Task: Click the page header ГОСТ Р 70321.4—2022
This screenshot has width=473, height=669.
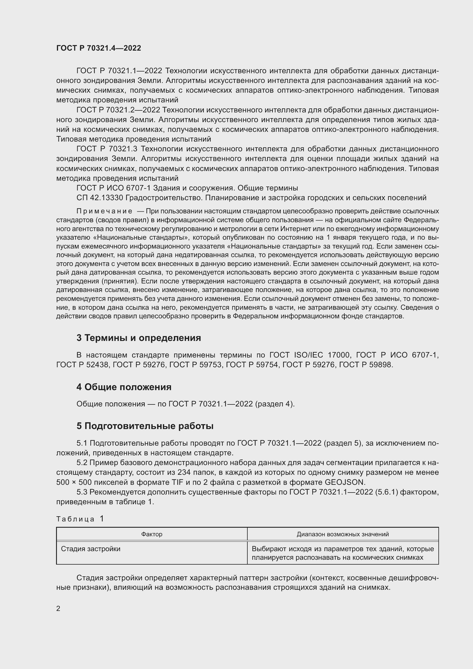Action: pos(98,48)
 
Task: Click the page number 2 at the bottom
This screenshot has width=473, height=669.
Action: pos(58,608)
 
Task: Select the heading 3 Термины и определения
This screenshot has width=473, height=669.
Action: pos(139,338)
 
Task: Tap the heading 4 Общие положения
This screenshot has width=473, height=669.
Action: pos(124,387)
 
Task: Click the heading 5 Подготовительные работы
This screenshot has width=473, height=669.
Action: pos(145,426)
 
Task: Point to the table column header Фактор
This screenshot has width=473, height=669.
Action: pos(152,534)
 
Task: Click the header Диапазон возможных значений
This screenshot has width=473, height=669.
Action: pos(343,534)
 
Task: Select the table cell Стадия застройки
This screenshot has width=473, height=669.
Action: pos(91,549)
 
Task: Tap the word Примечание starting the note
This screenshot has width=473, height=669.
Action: pos(104,211)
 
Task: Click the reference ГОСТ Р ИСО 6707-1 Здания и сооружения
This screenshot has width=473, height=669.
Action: pos(187,188)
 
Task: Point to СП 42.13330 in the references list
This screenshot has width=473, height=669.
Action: pos(100,198)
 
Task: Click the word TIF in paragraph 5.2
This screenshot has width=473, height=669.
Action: pos(177,482)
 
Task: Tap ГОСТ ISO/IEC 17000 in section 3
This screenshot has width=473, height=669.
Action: pos(309,355)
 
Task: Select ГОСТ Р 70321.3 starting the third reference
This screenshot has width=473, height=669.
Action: pos(107,149)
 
